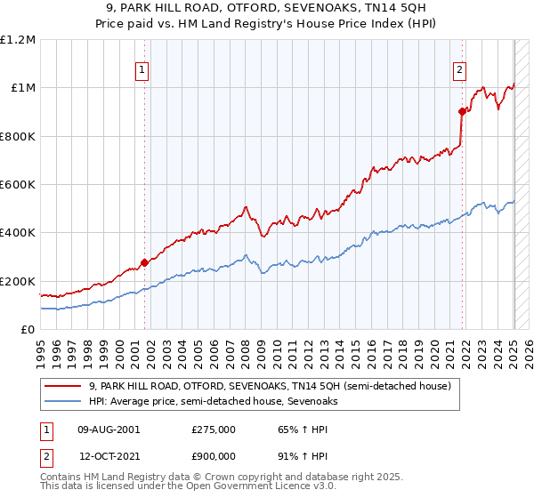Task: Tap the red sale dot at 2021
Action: tap(462, 111)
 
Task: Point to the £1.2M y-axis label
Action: tap(18, 40)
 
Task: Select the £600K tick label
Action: tap(18, 185)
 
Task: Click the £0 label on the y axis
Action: tap(28, 330)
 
